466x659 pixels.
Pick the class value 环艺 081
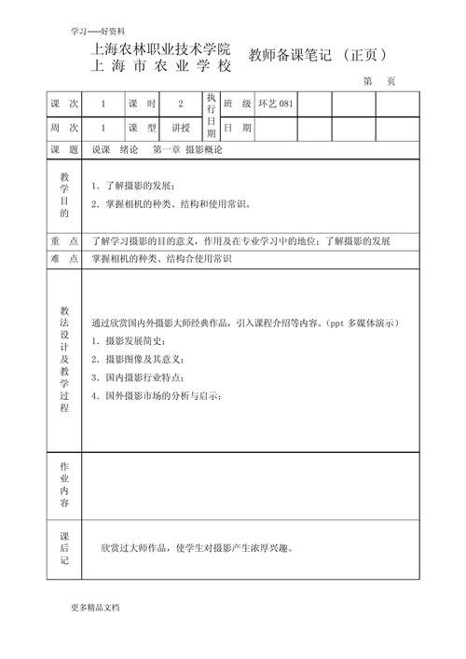pos(275,104)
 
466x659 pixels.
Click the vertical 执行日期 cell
pos(212,116)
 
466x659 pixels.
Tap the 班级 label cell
pos(237,104)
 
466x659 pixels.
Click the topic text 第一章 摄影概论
pos(191,149)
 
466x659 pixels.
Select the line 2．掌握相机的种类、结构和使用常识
pos(171,203)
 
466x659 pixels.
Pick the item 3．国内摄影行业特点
pos(138,378)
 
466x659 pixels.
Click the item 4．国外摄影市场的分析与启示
pos(157,396)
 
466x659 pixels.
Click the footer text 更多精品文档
pos(95,607)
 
